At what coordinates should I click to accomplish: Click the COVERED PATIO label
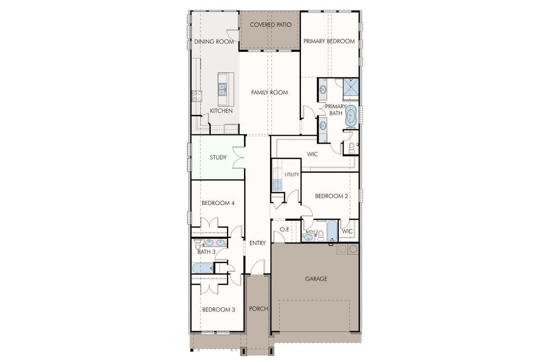(x=270, y=25)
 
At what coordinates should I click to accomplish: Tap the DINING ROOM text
(x=214, y=42)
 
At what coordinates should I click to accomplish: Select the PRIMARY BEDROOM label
(x=329, y=41)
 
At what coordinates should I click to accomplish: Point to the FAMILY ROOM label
(x=269, y=92)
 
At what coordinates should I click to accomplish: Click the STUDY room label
(x=218, y=157)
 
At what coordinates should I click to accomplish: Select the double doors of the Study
(x=239, y=158)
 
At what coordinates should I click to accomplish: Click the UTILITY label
(x=291, y=175)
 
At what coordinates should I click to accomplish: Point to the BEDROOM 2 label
(x=332, y=196)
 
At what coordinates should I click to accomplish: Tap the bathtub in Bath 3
(x=201, y=268)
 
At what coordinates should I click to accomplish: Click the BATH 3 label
(x=207, y=252)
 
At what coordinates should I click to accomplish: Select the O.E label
(x=284, y=229)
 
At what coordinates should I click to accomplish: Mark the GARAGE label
(x=316, y=279)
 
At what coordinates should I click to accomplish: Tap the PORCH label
(x=258, y=308)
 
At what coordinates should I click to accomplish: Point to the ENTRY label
(x=258, y=243)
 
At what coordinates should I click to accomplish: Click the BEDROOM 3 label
(x=218, y=310)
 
